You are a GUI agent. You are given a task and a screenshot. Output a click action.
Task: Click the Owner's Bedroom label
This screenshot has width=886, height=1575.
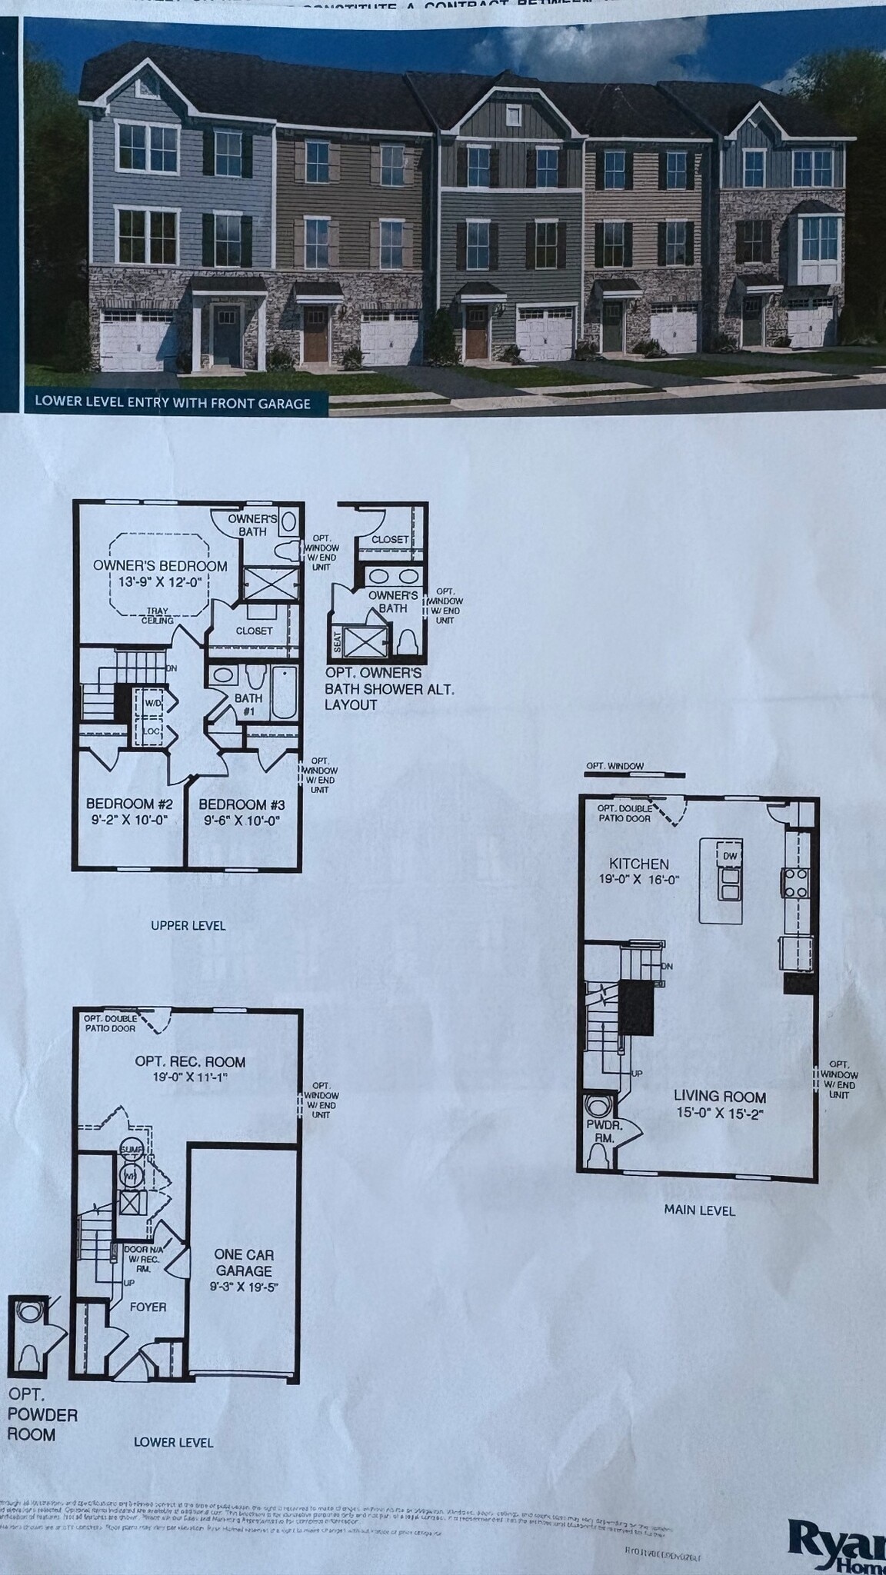tap(160, 566)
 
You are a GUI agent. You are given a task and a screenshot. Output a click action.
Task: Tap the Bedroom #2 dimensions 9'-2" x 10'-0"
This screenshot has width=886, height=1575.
tap(127, 820)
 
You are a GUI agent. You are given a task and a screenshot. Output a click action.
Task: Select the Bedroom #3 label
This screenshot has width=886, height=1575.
tap(241, 804)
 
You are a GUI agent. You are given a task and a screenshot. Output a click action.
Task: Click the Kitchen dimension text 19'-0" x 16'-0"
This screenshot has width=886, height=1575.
tap(639, 879)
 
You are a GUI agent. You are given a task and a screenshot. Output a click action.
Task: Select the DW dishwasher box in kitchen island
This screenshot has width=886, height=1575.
tap(729, 855)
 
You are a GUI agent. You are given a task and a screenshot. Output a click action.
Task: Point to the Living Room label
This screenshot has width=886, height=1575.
tap(720, 1097)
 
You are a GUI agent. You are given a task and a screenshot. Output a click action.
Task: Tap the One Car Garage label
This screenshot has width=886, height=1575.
tap(243, 1263)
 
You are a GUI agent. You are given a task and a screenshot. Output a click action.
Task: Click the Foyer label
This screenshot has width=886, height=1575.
tap(148, 1307)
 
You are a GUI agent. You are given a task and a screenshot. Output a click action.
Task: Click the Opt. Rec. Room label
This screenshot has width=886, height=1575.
tap(190, 1062)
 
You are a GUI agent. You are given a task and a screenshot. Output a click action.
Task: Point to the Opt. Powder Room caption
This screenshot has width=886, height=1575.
tap(42, 1414)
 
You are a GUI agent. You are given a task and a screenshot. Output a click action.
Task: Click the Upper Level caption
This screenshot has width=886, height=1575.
tap(188, 925)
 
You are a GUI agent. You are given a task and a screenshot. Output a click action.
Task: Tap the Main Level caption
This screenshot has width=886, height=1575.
tap(699, 1210)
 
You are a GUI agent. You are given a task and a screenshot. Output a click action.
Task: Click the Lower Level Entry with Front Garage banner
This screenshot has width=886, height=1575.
tap(172, 403)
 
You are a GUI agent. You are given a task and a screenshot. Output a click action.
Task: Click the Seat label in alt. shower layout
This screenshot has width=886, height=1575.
tap(337, 641)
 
